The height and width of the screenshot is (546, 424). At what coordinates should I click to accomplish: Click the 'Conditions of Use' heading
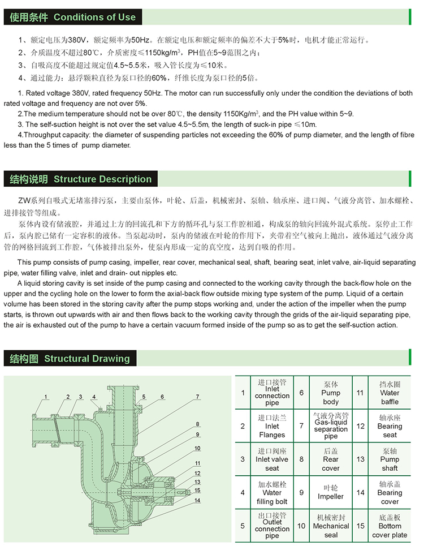(94, 17)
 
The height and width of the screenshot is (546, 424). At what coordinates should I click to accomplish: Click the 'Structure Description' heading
(102, 179)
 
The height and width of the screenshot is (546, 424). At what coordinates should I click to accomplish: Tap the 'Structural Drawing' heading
(86, 358)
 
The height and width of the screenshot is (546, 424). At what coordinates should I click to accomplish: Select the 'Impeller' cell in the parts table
(331, 492)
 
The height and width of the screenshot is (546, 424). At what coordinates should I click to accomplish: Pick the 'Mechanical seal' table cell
(331, 526)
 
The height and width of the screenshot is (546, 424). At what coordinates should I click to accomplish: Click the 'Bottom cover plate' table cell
(390, 526)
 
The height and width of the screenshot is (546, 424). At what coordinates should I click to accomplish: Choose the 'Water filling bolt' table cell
(272, 492)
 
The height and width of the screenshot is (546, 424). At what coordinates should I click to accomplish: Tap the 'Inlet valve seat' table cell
(272, 459)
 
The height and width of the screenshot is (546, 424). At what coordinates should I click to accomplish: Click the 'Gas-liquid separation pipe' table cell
(331, 426)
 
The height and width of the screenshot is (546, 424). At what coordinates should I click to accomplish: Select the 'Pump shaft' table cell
(390, 459)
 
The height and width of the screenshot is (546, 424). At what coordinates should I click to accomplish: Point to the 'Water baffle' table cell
(390, 393)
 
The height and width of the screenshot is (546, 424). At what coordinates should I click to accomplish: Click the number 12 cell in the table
(360, 426)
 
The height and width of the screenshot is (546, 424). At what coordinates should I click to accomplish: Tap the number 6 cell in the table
(301, 393)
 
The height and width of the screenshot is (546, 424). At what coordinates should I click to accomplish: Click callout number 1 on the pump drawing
(46, 396)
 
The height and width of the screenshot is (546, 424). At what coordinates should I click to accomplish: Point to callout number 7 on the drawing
(198, 397)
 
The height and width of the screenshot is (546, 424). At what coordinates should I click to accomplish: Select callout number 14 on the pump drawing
(197, 500)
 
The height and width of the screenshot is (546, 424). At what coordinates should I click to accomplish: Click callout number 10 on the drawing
(197, 448)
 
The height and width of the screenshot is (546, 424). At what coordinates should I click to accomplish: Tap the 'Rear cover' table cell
(331, 459)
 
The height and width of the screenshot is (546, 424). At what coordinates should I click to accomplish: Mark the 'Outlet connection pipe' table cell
(272, 526)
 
